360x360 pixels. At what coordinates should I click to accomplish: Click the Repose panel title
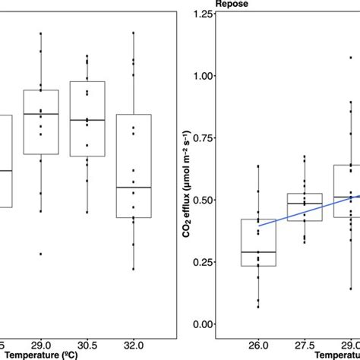click(231, 4)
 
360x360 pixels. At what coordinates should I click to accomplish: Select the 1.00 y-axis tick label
click(200, 76)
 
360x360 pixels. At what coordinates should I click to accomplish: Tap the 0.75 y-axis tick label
click(200, 138)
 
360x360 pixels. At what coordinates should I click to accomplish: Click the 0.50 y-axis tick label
click(200, 200)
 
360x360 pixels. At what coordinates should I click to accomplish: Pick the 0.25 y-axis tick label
click(200, 262)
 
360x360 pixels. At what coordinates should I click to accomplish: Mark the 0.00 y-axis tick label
click(200, 324)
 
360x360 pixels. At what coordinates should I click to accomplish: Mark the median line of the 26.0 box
click(258, 251)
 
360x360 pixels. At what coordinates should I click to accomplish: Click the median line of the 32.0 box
click(134, 187)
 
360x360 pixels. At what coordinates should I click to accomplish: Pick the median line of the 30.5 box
click(87, 120)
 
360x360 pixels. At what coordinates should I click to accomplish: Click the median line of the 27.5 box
click(305, 202)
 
